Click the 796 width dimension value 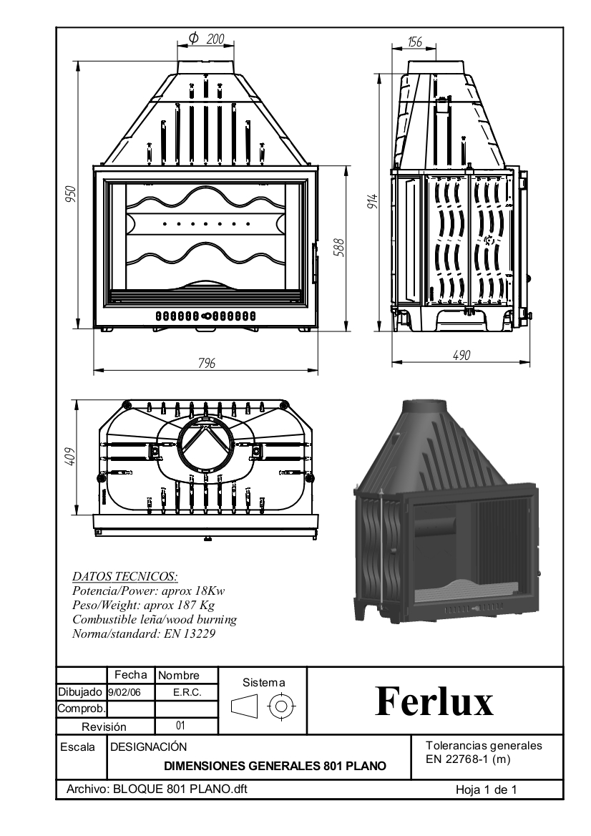pyautogui.click(x=207, y=363)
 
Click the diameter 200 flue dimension pyautogui.click(x=206, y=39)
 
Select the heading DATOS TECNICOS pyautogui.click(x=125, y=576)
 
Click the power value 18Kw pyautogui.click(x=207, y=591)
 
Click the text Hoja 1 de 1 pyautogui.click(x=487, y=790)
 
